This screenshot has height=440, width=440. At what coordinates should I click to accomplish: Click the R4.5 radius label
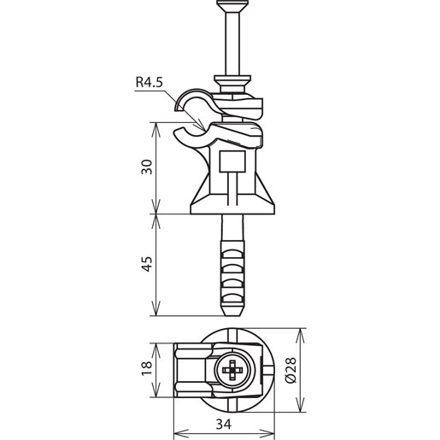click(x=149, y=82)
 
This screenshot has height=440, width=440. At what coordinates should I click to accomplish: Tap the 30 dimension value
click(x=148, y=167)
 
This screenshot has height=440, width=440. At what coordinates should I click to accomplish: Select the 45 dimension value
click(x=148, y=264)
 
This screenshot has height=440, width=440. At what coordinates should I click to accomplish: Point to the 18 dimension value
click(x=148, y=368)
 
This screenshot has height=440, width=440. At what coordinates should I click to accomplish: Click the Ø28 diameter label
click(x=291, y=370)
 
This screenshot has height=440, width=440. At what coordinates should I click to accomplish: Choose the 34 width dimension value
click(x=224, y=424)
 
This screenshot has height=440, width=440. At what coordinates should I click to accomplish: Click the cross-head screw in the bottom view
click(x=232, y=370)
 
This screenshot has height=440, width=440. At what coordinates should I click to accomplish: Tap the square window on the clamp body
click(x=232, y=161)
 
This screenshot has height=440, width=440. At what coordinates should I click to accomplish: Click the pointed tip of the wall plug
click(x=232, y=314)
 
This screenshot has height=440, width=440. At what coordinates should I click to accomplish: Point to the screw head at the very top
click(x=232, y=5)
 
